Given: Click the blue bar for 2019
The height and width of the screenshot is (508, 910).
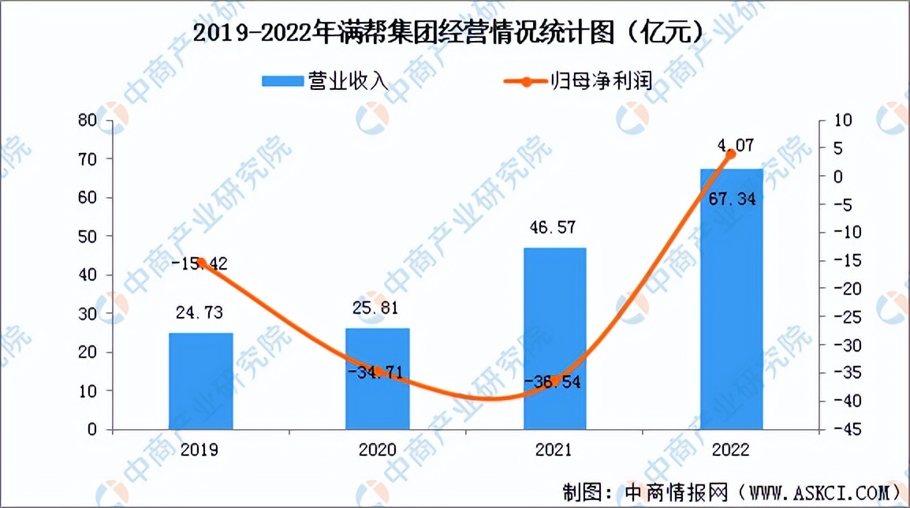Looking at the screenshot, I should pos(200,382).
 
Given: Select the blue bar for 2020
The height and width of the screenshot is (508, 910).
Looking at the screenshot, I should pos(378,379).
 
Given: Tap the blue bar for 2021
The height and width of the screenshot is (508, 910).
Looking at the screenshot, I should pos(554,339).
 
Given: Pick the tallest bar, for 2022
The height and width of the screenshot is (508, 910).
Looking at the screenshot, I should pos(731,300).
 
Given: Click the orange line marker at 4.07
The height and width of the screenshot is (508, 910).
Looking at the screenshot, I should pos(730,154).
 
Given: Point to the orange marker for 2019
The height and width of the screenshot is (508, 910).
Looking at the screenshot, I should pos(201,263).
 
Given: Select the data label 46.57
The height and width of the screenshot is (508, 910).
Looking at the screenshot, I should pos(554,228).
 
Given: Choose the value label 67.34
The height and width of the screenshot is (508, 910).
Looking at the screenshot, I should pos(732,200).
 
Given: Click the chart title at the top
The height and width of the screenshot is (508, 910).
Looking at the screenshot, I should pos(447,32).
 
